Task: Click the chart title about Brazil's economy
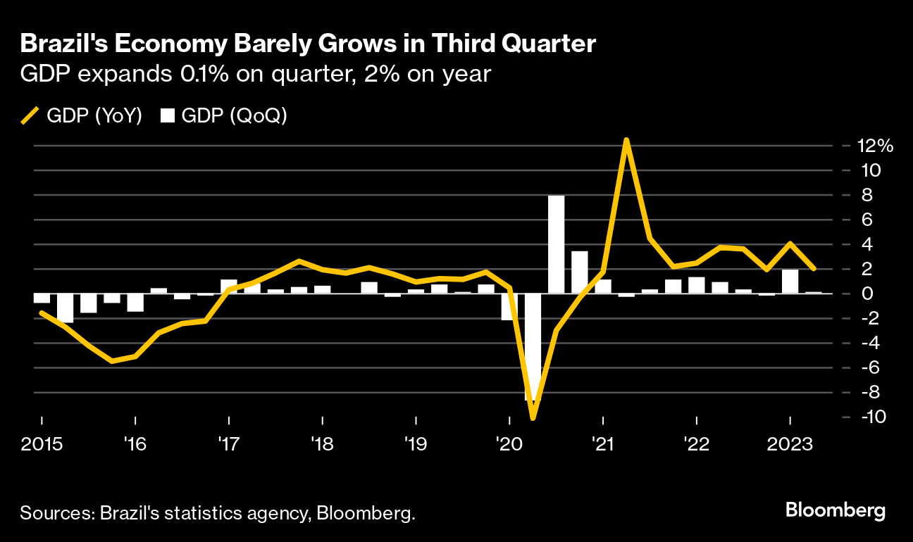309,44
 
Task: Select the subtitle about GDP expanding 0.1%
255,75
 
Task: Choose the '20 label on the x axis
508,446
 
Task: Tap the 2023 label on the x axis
790,446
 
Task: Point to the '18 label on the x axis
321,446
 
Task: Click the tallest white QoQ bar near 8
556,244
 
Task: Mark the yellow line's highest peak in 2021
626,140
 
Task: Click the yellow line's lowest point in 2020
533,418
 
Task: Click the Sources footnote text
218,513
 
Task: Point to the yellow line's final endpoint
813,269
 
